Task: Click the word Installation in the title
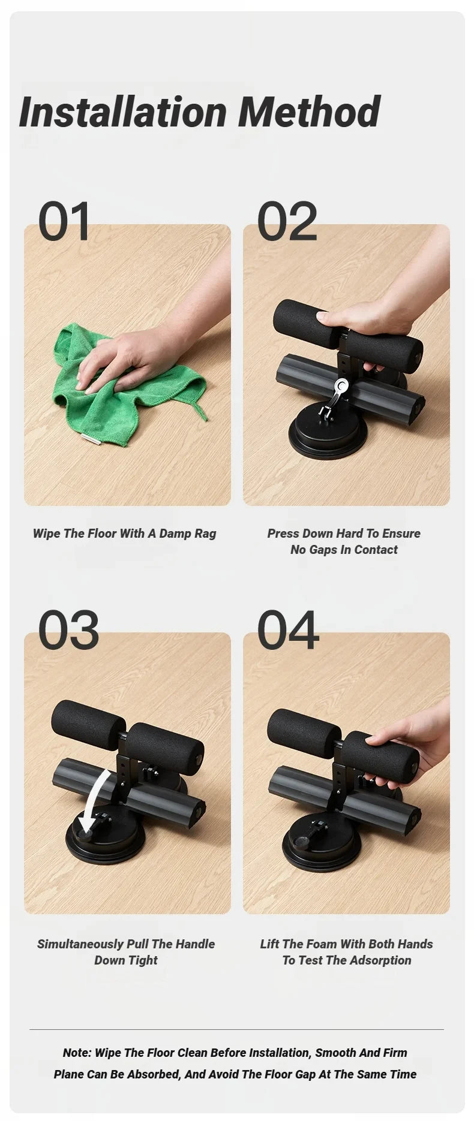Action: [123, 112]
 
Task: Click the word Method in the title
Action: [309, 112]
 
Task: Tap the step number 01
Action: [64, 222]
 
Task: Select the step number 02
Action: [287, 222]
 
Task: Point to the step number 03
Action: [68, 631]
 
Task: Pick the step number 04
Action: [287, 631]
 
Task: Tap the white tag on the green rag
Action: [91, 439]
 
